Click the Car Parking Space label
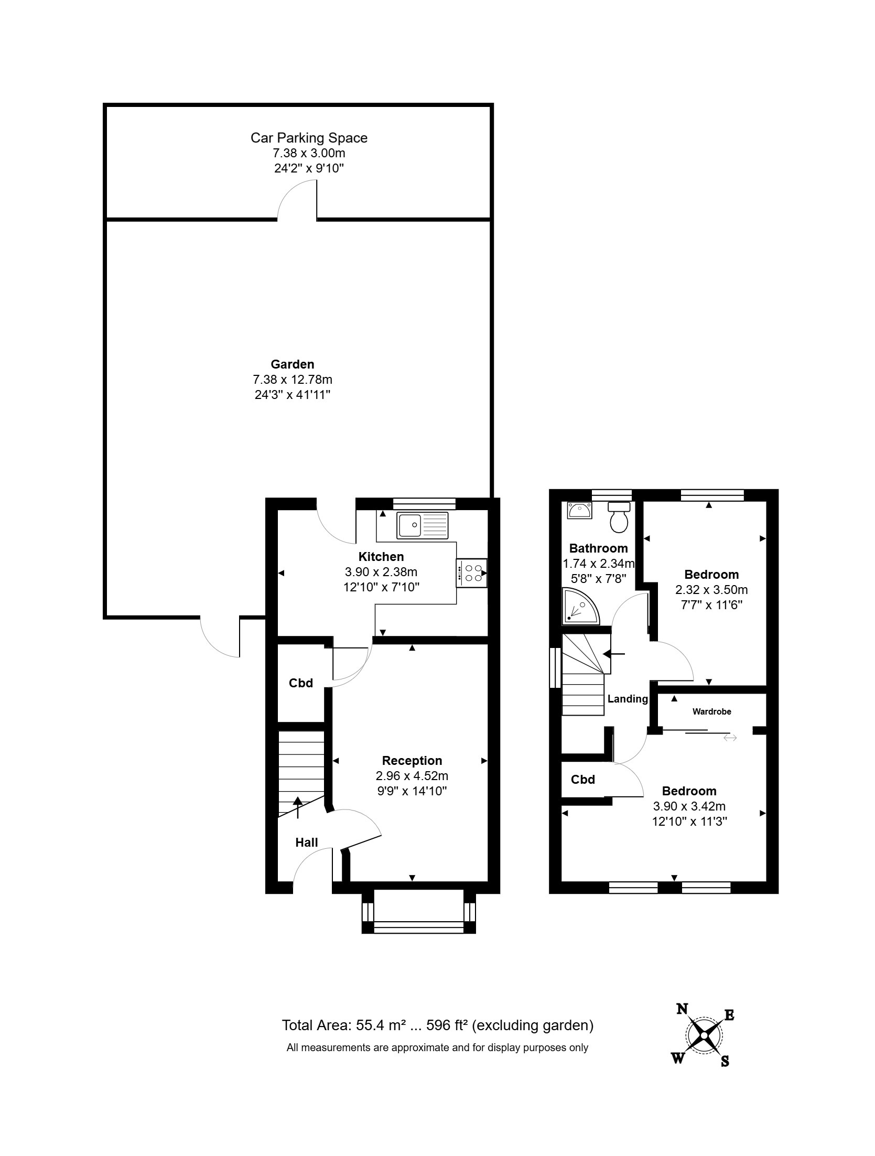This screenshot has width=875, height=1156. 309,138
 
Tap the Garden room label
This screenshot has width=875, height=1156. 292,364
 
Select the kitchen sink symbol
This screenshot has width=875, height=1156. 423,525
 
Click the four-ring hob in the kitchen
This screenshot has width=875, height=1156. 472,573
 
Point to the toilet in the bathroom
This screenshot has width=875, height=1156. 619,516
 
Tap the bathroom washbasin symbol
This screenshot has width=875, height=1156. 579,510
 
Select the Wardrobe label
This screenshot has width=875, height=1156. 711,711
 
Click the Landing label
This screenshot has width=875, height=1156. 628,699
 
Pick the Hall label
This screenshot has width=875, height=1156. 307,842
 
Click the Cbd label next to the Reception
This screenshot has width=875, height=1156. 301,683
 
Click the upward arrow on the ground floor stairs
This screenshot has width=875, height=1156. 298,807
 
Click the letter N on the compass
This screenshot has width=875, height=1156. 682,1009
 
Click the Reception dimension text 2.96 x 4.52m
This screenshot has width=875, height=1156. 412,775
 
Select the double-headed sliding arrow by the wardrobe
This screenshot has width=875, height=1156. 730,738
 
